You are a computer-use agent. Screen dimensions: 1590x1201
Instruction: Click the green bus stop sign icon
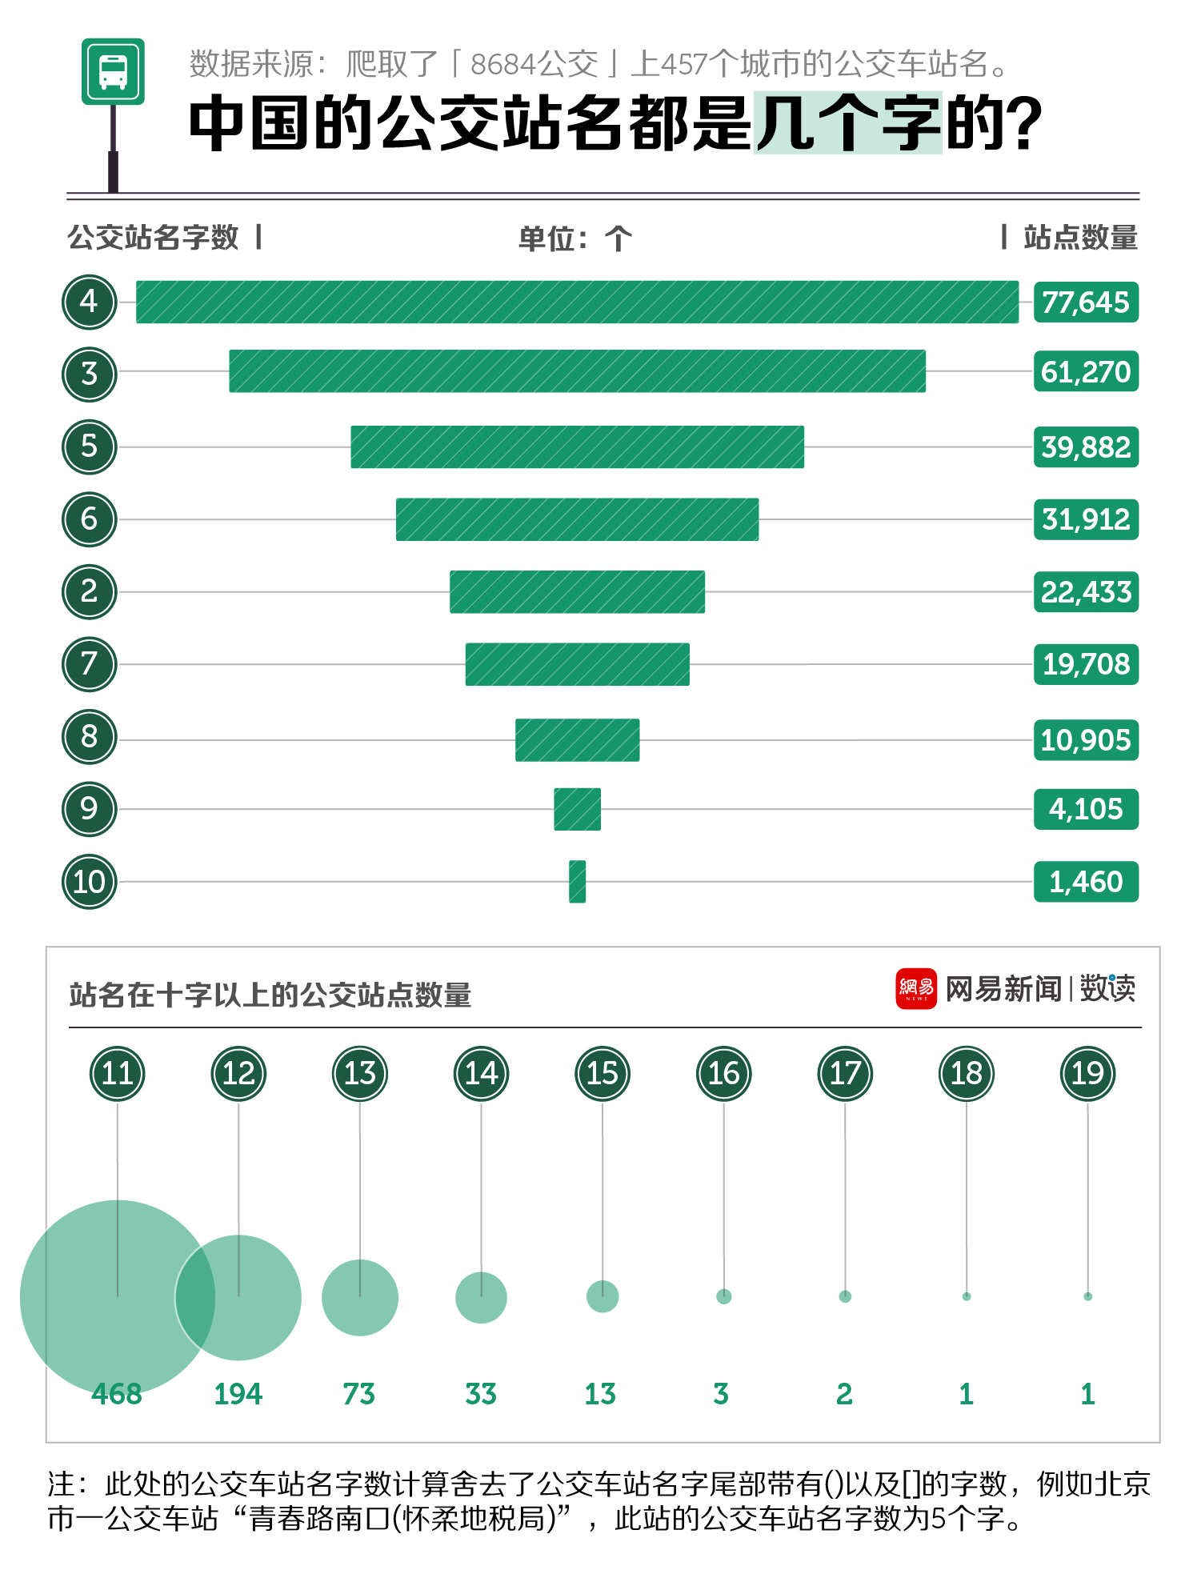[x=113, y=71]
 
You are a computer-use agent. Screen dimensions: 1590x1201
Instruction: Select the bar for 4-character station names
[x=577, y=302]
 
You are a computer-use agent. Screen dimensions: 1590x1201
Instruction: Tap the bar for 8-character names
[x=577, y=739]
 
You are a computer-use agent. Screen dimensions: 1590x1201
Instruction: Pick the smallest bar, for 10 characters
[x=577, y=881]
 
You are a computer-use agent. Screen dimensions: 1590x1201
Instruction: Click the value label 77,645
[x=1086, y=302]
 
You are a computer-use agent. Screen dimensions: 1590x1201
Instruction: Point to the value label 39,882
[x=1086, y=447]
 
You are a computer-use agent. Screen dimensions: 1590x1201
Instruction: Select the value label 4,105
[x=1086, y=809]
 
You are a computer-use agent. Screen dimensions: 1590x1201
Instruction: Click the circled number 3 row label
[x=90, y=374]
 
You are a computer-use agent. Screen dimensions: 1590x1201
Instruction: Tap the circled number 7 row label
[x=90, y=663]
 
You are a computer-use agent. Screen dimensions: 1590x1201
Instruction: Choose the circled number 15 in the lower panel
[x=603, y=1073]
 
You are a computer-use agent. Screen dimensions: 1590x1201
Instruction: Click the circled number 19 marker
[x=1087, y=1073]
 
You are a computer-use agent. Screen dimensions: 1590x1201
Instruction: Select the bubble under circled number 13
[x=360, y=1297]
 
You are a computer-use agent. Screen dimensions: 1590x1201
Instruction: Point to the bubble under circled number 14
[x=481, y=1297]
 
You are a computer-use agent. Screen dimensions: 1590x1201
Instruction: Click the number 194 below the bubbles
[x=238, y=1394]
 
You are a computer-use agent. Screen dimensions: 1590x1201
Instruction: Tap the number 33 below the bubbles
[x=481, y=1394]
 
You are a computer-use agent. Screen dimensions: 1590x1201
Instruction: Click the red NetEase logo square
[x=916, y=989]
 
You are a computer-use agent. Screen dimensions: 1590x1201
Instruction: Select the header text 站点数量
[x=1080, y=238]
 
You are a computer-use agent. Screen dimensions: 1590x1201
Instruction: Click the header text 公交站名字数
[x=154, y=238]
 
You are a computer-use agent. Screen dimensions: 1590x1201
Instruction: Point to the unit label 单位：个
[x=574, y=238]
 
